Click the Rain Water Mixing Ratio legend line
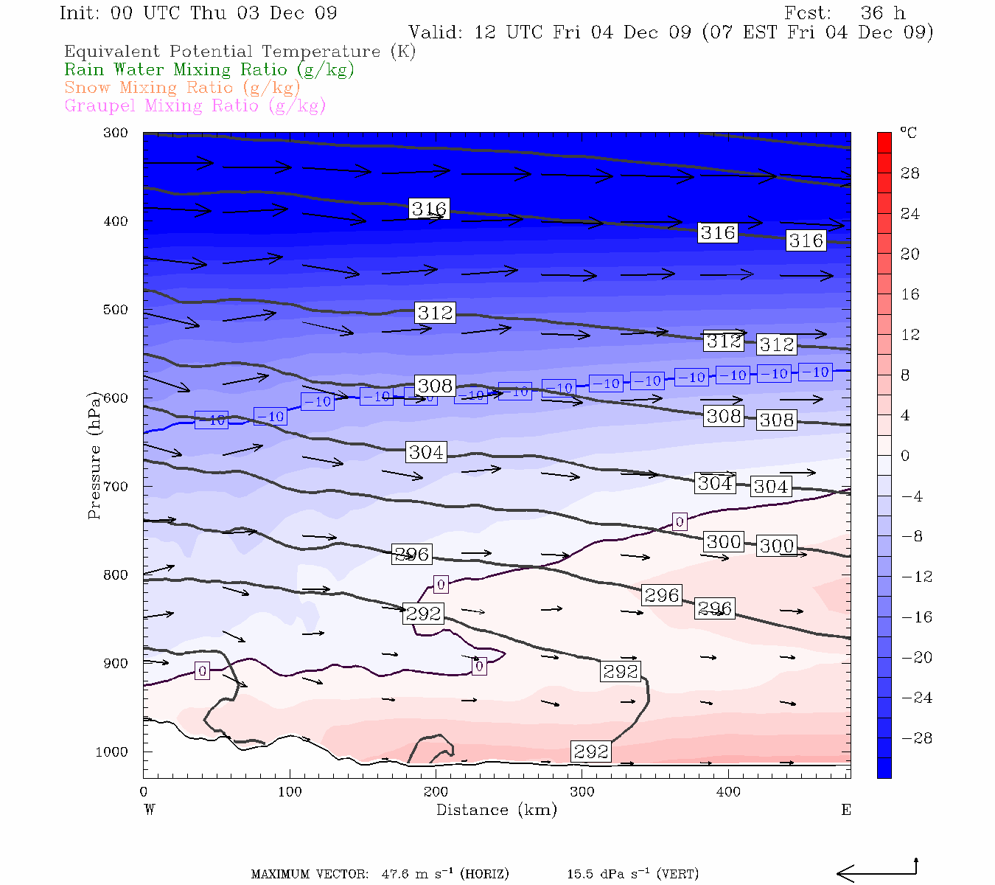pos(209,70)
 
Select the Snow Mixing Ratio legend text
pos(182,88)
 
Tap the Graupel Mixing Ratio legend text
pos(195,106)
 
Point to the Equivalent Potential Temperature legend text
pos(240,52)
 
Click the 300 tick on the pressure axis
pos(116,133)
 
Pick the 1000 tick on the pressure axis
pos(112,752)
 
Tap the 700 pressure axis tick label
pos(116,487)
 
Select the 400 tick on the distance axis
pos(728,791)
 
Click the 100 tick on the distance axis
pos(290,791)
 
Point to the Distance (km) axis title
pos(496,810)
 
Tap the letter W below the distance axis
pos(150,810)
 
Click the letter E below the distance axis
pos(846,810)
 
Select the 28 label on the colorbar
pos(910,173)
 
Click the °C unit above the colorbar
pos(908,133)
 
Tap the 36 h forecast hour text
pos(882,13)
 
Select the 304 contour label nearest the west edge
pos(426,452)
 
